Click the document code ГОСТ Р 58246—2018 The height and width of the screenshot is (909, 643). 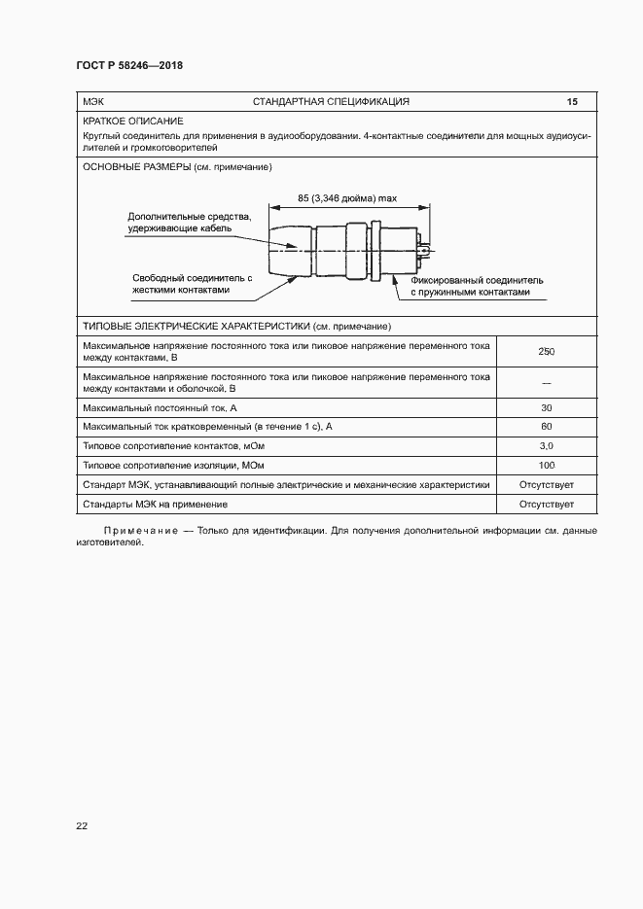[x=129, y=66]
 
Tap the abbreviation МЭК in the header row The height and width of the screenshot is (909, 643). [x=93, y=102]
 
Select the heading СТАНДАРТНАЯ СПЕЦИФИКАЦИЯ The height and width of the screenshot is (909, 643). [x=331, y=102]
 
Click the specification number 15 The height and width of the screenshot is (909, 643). [x=572, y=102]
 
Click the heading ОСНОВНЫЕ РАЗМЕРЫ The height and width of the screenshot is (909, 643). [x=137, y=167]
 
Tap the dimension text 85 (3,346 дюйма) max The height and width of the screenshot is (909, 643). [x=347, y=198]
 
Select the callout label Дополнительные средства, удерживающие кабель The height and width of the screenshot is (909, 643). [x=190, y=223]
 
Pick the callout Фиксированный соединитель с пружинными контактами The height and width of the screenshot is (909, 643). [x=476, y=286]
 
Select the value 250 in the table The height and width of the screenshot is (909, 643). [x=546, y=352]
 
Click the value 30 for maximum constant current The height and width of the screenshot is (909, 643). [x=546, y=407]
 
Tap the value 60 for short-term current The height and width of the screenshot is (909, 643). [x=546, y=427]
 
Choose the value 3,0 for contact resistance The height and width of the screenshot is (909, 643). [x=546, y=446]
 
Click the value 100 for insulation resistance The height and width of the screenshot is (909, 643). [x=546, y=466]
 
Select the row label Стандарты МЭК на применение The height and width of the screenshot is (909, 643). [x=156, y=505]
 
